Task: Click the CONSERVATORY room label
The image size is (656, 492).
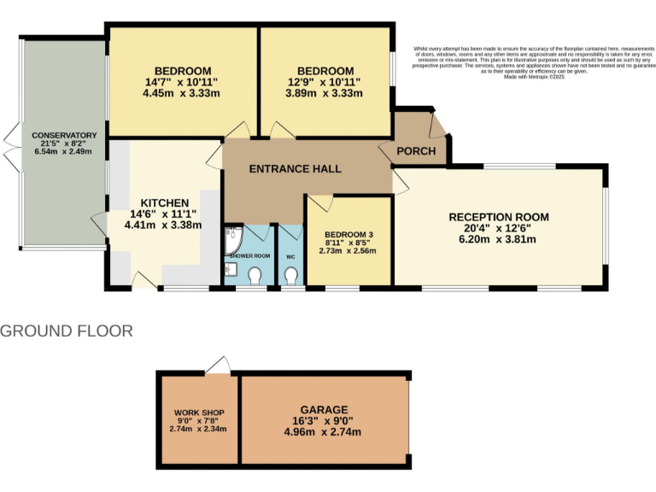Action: (x=64, y=136)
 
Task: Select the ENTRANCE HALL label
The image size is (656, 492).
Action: (x=295, y=169)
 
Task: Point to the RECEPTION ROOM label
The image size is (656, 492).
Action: (x=499, y=217)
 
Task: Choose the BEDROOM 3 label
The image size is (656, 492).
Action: (x=348, y=234)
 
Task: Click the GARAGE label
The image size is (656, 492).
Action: (x=324, y=409)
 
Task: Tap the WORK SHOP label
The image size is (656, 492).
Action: (x=198, y=411)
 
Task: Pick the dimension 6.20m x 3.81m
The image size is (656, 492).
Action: (x=499, y=239)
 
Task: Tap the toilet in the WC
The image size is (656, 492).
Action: (x=291, y=275)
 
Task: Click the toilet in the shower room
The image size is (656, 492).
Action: (x=255, y=275)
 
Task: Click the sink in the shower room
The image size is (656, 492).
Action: (x=230, y=271)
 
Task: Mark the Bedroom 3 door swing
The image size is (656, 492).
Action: (x=319, y=203)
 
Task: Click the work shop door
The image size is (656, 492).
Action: (x=219, y=366)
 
